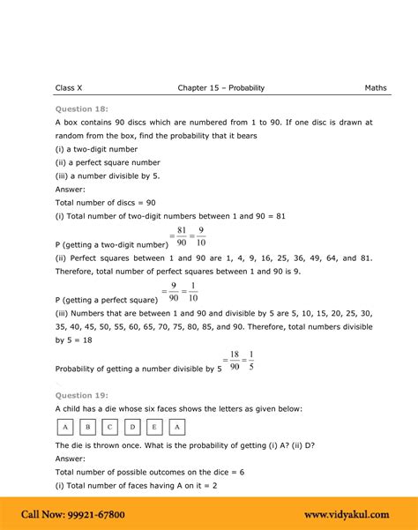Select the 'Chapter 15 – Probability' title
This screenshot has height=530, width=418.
click(220, 88)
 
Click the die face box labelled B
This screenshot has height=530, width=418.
click(87, 428)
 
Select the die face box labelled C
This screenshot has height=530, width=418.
click(109, 428)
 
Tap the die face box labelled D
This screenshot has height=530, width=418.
click(132, 428)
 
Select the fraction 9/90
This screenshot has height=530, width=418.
click(175, 293)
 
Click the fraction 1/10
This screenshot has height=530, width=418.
click(193, 293)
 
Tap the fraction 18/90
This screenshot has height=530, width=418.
click(235, 362)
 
